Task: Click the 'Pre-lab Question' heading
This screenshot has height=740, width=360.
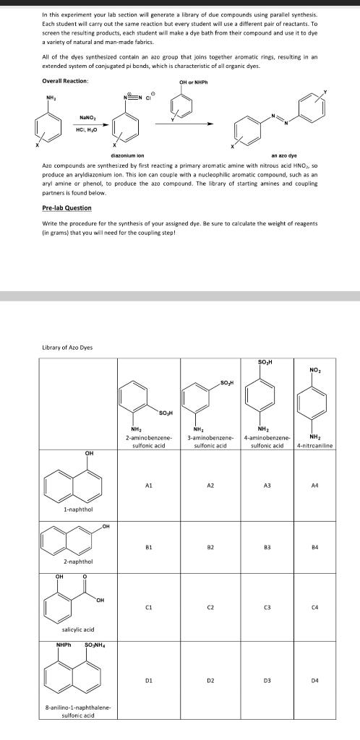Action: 67,207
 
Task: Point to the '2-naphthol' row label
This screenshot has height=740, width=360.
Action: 77,561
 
